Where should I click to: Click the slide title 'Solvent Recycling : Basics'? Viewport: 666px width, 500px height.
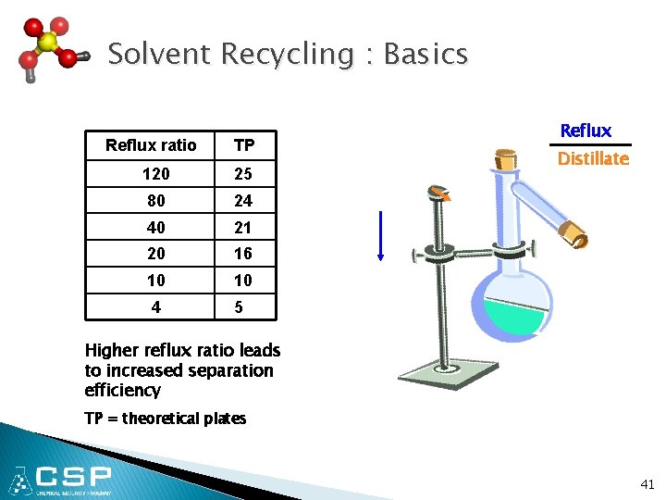288,54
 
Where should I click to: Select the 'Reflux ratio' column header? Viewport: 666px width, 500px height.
151,145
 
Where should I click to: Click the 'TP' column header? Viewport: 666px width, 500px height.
244,145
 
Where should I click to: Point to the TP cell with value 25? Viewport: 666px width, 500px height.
242,173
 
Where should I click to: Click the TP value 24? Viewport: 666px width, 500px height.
242,200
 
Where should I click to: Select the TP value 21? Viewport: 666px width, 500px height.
242,227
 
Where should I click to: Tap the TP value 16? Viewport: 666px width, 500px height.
242,253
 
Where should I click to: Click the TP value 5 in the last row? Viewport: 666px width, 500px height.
239,306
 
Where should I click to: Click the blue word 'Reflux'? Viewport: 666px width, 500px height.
586,131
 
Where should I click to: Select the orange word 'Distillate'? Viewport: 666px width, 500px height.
593,158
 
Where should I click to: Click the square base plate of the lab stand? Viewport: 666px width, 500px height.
448,376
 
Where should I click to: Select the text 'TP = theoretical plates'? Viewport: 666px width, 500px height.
165,419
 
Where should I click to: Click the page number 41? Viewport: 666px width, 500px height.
646,483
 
